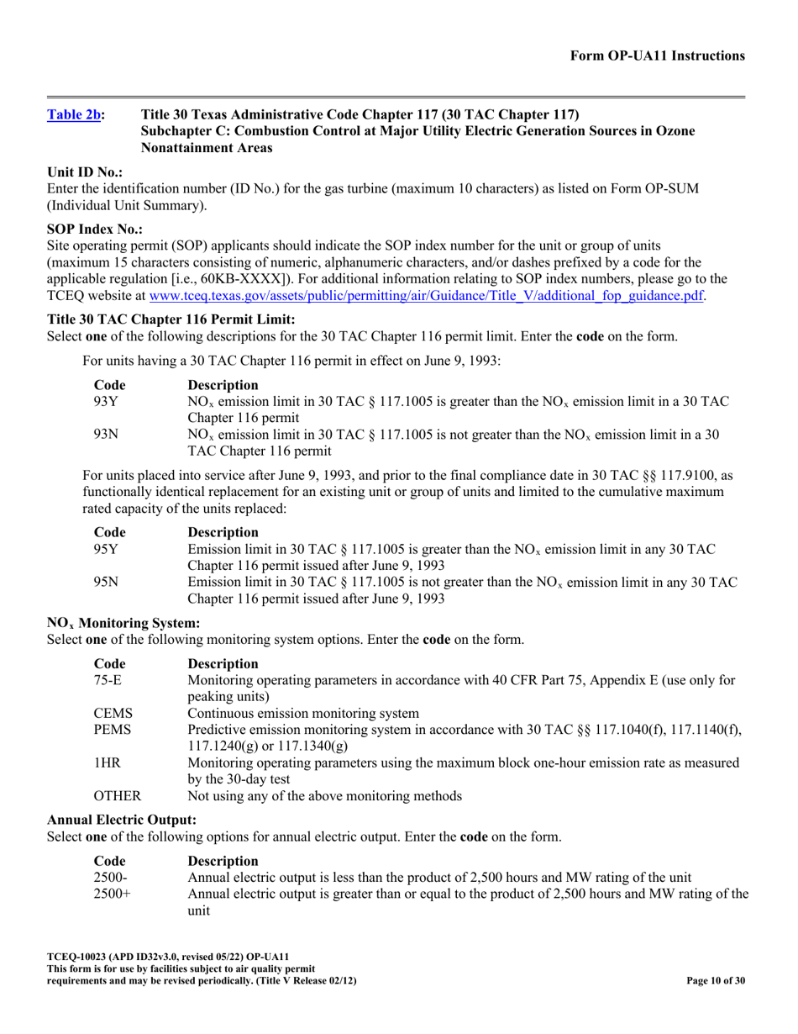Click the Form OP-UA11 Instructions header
[x=658, y=55]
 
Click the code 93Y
[x=106, y=402]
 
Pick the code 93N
[x=106, y=434]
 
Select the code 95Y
[x=106, y=549]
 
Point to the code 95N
[x=106, y=581]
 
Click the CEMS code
[x=113, y=714]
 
